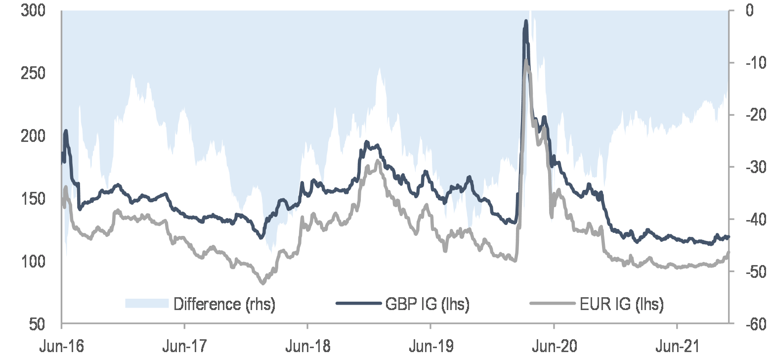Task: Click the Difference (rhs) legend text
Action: (x=224, y=304)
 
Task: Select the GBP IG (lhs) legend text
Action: (x=428, y=304)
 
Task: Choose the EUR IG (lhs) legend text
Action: (x=622, y=304)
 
